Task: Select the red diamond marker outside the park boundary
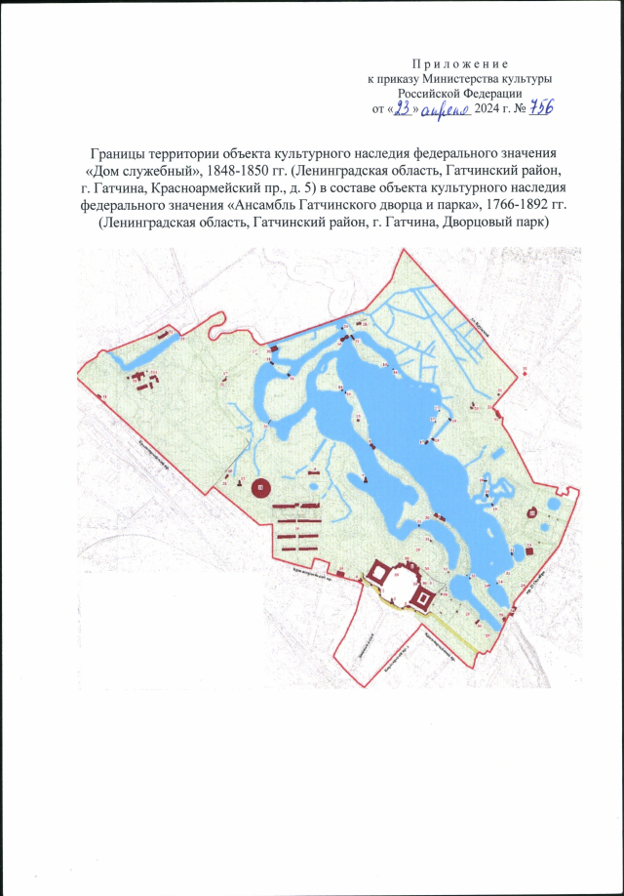(x=524, y=370)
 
